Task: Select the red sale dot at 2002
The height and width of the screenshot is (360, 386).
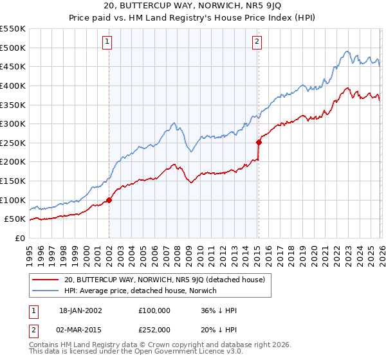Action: (x=109, y=200)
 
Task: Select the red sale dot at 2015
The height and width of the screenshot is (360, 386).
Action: (x=259, y=142)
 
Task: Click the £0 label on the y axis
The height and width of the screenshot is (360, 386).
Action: (x=19, y=238)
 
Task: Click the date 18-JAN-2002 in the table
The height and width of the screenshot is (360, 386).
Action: (x=80, y=310)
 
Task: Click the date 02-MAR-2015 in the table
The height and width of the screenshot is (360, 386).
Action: (x=80, y=329)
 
